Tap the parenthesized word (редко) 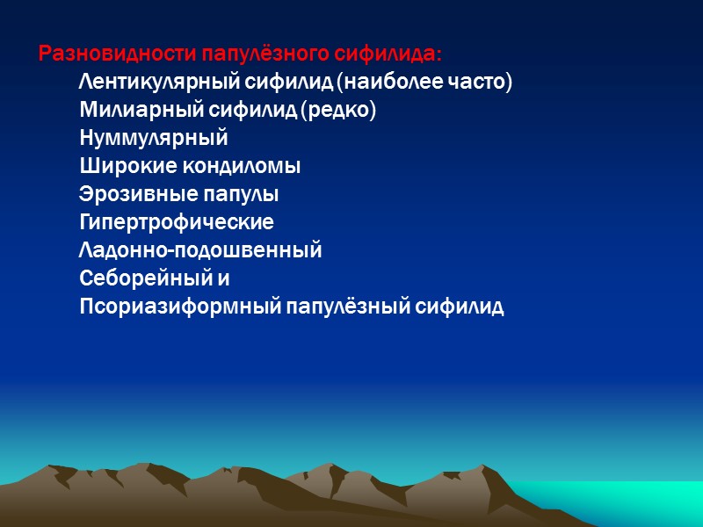coord(337,111)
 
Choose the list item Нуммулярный coord(153,139)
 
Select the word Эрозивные coord(134,194)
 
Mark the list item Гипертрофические coord(176,222)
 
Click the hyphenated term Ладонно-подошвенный coord(200,250)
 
